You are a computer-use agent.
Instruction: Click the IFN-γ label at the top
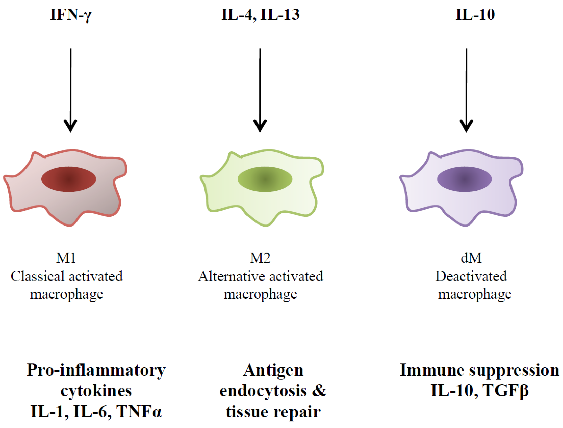pos(70,15)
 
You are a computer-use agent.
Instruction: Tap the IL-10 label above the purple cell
pos(475,15)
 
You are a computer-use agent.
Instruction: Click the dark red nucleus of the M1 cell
pos(68,179)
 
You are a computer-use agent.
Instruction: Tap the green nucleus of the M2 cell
pos(265,179)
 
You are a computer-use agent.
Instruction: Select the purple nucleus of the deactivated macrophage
pos(465,179)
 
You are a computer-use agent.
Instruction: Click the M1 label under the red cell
pos(66,258)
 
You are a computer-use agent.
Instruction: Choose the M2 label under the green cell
pos(260,258)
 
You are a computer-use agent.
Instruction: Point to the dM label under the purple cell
pos(471,258)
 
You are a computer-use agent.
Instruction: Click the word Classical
pos(38,276)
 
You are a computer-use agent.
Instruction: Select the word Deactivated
pos(471,276)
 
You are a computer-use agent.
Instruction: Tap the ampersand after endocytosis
pos(319,391)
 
